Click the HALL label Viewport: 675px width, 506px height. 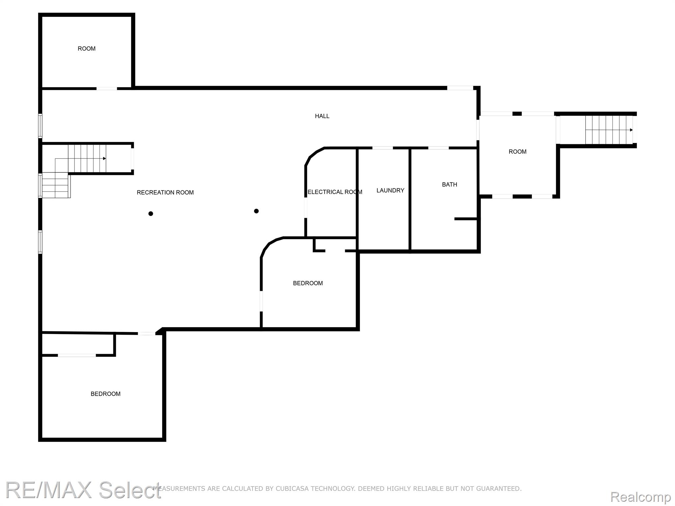click(x=322, y=116)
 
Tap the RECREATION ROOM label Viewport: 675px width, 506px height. click(x=165, y=192)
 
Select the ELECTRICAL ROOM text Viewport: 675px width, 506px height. click(x=335, y=192)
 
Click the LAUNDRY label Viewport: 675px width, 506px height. click(x=390, y=190)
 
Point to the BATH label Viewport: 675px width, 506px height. click(x=450, y=184)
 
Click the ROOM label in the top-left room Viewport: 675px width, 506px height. click(x=87, y=49)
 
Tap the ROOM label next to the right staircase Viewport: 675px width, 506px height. click(x=517, y=152)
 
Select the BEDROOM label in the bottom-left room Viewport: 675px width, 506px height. click(x=105, y=394)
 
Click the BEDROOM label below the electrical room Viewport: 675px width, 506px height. click(x=308, y=283)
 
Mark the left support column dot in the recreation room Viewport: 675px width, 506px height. click(x=151, y=213)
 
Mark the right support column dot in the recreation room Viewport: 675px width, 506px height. click(x=256, y=211)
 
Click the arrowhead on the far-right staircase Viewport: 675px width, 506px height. click(x=631, y=130)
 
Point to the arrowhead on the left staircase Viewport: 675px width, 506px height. click(x=104, y=158)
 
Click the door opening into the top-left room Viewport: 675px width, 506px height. click(x=106, y=88)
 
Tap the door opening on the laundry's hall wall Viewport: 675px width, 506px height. click(x=383, y=148)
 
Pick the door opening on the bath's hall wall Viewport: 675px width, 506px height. click(x=438, y=148)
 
